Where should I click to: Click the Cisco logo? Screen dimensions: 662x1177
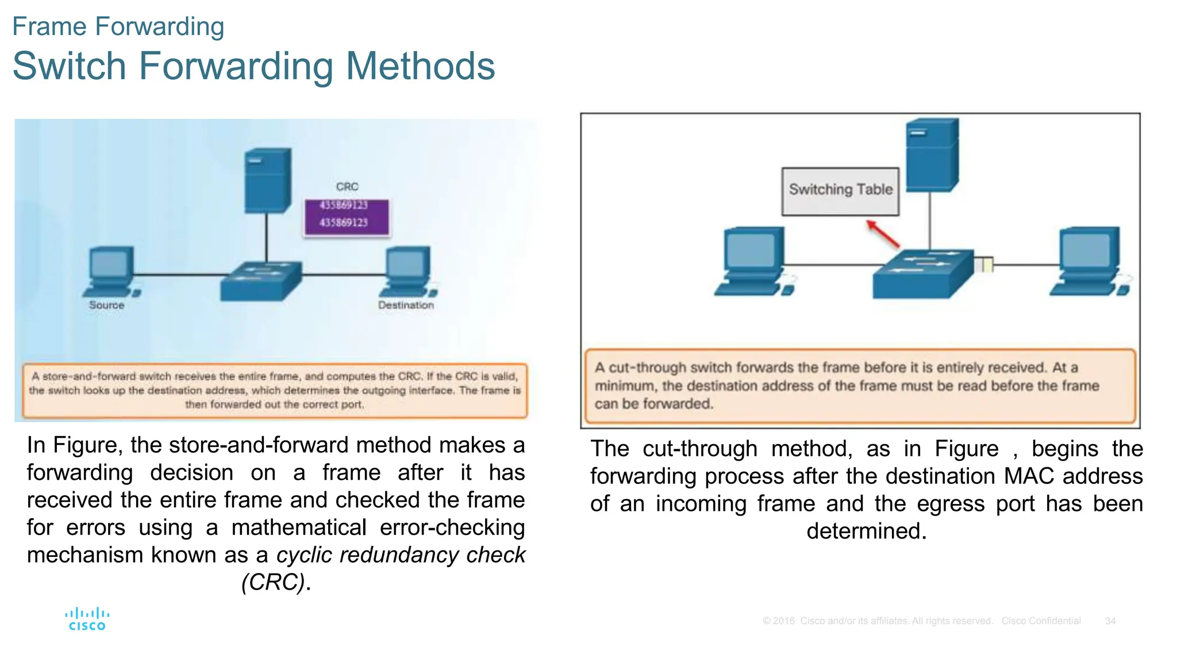point(87,619)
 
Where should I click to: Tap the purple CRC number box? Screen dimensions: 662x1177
point(347,217)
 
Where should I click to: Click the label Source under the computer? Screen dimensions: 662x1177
point(106,305)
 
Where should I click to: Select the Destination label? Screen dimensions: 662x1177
point(406,305)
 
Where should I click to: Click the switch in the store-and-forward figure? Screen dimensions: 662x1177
point(261,281)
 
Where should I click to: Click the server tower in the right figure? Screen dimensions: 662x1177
point(932,155)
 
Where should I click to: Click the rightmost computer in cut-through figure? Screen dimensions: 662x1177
point(1088,261)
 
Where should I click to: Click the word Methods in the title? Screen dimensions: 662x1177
point(420,66)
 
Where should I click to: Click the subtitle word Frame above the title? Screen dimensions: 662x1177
point(49,26)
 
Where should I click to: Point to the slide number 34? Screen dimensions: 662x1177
point(1110,621)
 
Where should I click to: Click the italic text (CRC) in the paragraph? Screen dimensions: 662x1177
point(272,582)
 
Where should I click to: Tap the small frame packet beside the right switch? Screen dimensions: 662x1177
point(984,265)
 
